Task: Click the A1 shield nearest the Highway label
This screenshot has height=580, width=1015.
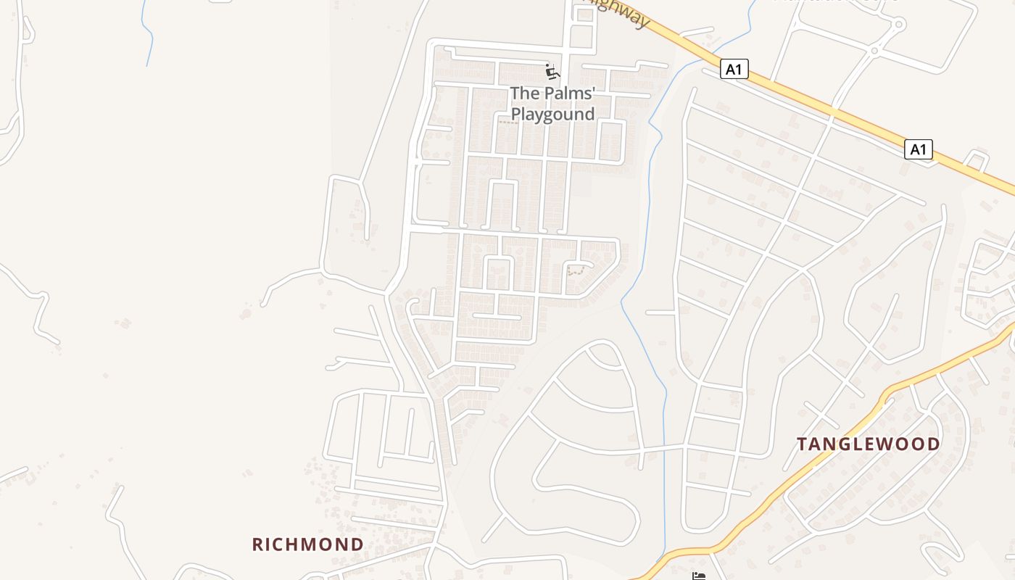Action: (x=734, y=69)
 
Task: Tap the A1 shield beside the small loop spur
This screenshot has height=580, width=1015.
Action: (x=918, y=149)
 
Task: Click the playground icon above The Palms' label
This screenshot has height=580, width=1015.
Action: (x=552, y=72)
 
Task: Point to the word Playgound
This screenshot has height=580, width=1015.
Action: (x=552, y=114)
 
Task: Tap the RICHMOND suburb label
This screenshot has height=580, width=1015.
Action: (x=308, y=544)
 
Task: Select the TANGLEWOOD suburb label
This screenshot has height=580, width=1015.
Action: (x=869, y=444)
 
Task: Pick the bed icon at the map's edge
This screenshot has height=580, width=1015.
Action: (x=698, y=576)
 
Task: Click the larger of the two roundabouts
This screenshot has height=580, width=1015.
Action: (x=899, y=25)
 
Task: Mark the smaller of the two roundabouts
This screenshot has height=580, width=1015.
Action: (x=874, y=51)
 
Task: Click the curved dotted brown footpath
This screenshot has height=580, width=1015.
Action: (x=577, y=270)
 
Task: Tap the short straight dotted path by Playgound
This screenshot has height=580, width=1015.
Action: (x=508, y=122)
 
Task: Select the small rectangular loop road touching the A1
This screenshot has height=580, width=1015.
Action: (x=977, y=160)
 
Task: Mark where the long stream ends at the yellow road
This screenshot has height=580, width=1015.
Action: (x=661, y=558)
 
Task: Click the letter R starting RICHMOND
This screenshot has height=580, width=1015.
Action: (x=258, y=544)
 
